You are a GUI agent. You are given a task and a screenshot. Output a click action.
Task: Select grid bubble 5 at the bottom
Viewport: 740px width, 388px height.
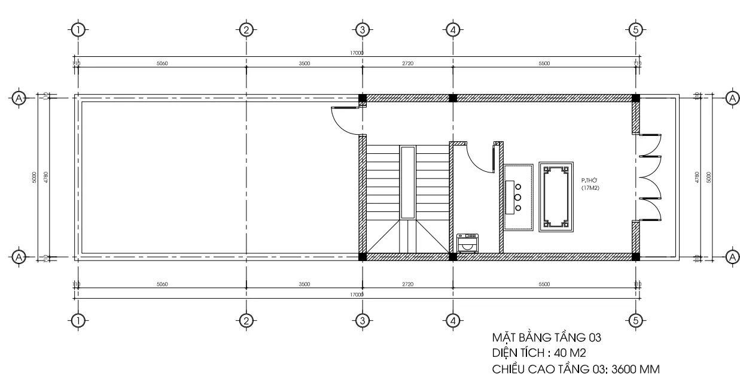637,320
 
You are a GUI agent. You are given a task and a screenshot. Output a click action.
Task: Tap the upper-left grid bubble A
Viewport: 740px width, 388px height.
19,98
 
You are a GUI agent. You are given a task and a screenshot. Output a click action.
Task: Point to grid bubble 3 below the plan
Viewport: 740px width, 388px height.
361,320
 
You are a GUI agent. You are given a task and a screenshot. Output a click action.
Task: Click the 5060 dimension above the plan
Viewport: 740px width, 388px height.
162,63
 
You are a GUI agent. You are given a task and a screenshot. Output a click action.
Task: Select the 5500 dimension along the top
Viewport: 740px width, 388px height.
544,63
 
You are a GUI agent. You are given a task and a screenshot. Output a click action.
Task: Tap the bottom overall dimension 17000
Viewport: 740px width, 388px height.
357,295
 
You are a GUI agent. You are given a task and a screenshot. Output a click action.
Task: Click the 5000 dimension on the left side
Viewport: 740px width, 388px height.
35,177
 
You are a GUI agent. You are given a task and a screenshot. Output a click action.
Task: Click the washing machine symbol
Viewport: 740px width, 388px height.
467,242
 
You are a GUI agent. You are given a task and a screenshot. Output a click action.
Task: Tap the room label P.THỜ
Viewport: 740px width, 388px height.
590,180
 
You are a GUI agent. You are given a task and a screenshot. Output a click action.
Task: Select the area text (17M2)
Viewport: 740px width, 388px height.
590,188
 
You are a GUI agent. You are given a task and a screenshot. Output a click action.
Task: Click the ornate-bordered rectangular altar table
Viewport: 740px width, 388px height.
556,197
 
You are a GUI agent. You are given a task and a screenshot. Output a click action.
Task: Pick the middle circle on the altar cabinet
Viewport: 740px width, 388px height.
518,197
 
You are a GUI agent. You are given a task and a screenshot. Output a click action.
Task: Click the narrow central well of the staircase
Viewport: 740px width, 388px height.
407,182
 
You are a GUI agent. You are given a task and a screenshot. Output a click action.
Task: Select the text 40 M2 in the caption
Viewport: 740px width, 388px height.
563,354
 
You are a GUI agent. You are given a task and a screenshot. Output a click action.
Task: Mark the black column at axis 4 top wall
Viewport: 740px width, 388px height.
453,98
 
